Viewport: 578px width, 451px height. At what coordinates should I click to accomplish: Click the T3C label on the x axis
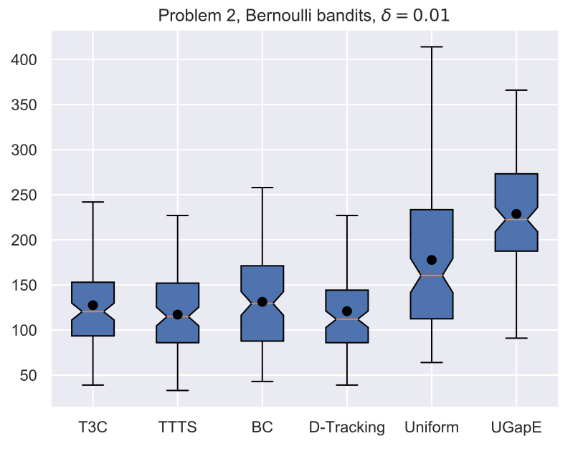93,427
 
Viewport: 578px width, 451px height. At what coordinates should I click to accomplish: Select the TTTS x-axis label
177,427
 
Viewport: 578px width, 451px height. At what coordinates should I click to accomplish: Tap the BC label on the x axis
262,427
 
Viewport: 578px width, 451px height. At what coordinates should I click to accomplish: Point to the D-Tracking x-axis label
346,427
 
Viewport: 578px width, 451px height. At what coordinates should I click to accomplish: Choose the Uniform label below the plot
431,427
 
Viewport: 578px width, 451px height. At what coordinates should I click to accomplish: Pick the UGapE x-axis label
516,427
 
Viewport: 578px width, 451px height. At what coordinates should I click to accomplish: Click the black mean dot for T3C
93,305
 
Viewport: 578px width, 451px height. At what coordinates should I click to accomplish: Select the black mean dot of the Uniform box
431,260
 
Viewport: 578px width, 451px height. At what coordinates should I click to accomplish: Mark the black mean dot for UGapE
516,213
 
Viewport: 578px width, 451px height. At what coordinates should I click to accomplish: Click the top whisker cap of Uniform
431,47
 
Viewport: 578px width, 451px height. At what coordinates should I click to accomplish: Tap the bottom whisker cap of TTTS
177,390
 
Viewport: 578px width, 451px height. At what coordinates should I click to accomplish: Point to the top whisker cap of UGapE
516,90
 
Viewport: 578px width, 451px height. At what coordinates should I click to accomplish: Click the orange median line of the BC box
262,304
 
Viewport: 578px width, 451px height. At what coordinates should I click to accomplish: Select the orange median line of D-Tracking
346,319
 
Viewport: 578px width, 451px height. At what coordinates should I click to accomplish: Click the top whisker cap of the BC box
262,188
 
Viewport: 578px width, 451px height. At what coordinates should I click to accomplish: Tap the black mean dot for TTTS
177,314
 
